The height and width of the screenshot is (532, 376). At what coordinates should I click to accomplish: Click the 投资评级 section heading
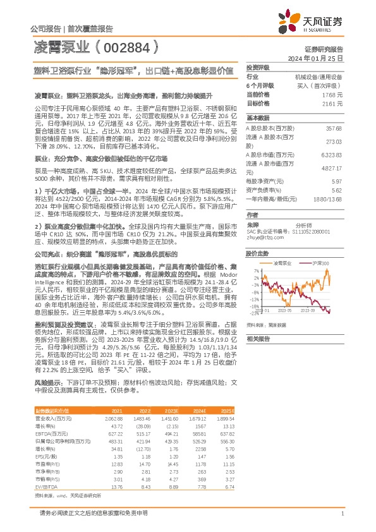pyautogui.click(x=258, y=68)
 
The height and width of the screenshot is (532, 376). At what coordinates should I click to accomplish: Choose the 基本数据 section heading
pyautogui.click(x=258, y=118)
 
